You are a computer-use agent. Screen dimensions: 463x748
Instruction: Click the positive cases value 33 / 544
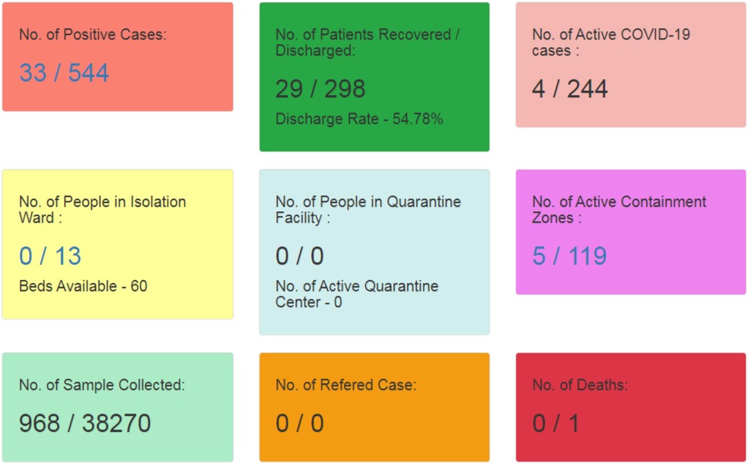coord(64,73)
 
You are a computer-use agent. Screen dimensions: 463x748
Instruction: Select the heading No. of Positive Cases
coord(92,34)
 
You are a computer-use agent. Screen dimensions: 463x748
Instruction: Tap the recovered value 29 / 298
coord(320,89)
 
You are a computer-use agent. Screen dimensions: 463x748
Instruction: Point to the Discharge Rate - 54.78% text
coord(359,119)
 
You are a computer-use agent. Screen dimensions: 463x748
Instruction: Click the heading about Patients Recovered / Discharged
coord(368,43)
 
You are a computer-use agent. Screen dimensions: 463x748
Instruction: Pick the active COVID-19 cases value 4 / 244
coord(570,89)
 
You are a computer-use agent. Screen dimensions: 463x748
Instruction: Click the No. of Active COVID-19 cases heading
coord(611,43)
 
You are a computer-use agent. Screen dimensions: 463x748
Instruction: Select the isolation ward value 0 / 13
coord(50,256)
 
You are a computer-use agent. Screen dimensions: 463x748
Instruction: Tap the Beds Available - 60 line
coord(83,287)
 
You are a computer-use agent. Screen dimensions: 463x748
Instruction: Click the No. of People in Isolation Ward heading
coord(102,210)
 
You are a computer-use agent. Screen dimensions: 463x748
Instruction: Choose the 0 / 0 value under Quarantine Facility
coord(300,256)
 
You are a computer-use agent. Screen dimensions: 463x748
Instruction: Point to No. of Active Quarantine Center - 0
coord(357,294)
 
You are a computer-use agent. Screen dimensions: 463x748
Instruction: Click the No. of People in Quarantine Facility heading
coord(368,210)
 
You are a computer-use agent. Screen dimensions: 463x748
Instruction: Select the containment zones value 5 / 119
coord(570,256)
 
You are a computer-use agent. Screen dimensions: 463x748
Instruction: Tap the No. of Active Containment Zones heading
coord(619,210)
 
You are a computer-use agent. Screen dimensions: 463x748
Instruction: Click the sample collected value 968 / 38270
coord(85,423)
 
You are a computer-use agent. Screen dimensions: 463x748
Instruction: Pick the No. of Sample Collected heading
coord(102,385)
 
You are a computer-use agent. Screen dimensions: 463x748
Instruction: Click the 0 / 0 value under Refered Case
coord(300,423)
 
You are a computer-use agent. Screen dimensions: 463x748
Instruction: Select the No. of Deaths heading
coord(580,385)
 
